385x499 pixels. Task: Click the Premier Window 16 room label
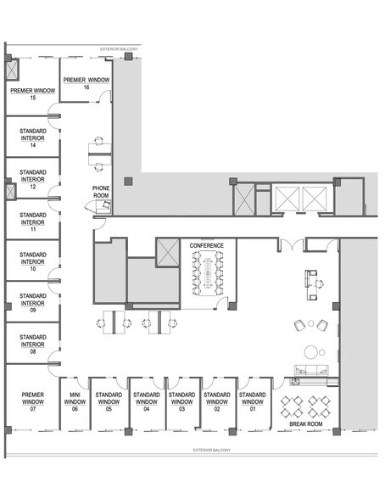pyautogui.click(x=86, y=83)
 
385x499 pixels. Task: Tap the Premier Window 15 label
pyautogui.click(x=33, y=94)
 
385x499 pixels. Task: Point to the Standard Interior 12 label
pyautogui.click(x=33, y=180)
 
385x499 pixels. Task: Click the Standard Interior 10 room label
pyautogui.click(x=33, y=261)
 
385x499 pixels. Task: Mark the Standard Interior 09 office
pyautogui.click(x=33, y=303)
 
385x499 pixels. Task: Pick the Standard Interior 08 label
pyautogui.click(x=33, y=345)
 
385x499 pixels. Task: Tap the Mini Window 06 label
pyautogui.click(x=75, y=401)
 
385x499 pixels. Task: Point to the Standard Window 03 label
pyautogui.click(x=181, y=401)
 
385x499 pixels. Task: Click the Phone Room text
pyautogui.click(x=101, y=192)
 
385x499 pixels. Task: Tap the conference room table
pyautogui.click(x=208, y=273)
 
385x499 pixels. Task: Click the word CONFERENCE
pyautogui.click(x=207, y=246)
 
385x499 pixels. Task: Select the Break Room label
pyautogui.click(x=306, y=424)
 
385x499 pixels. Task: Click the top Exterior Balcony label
pyautogui.click(x=119, y=49)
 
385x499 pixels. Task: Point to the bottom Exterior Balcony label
pyautogui.click(x=212, y=450)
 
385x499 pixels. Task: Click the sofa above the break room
pyautogui.click(x=311, y=370)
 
